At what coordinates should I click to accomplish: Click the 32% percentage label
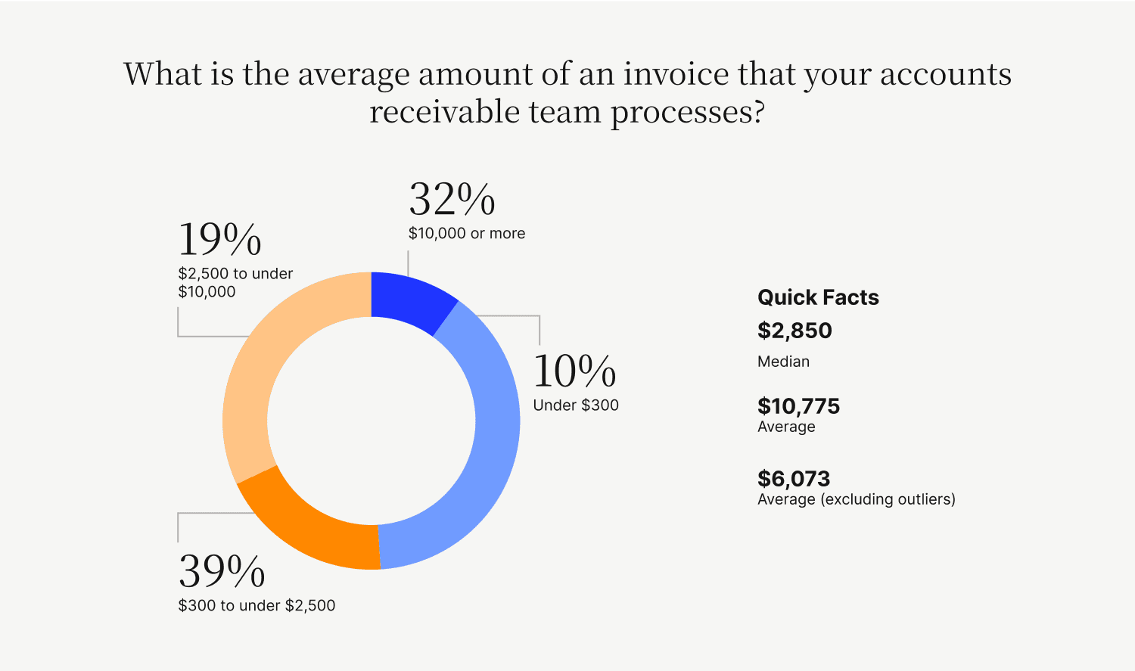(452, 200)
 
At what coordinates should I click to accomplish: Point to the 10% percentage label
(574, 371)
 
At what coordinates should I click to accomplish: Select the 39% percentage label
(222, 571)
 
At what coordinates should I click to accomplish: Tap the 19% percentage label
(219, 240)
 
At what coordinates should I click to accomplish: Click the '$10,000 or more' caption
(467, 234)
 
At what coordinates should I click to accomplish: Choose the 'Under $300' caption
(576, 405)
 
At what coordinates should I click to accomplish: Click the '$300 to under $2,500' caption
(257, 606)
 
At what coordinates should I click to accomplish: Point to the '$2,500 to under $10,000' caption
(235, 282)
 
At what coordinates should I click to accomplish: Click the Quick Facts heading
(818, 297)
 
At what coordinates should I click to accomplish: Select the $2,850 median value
(794, 331)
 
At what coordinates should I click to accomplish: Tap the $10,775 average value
(798, 406)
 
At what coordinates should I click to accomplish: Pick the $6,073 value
(794, 479)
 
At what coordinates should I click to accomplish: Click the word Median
(783, 362)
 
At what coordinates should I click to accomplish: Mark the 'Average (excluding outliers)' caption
(856, 499)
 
